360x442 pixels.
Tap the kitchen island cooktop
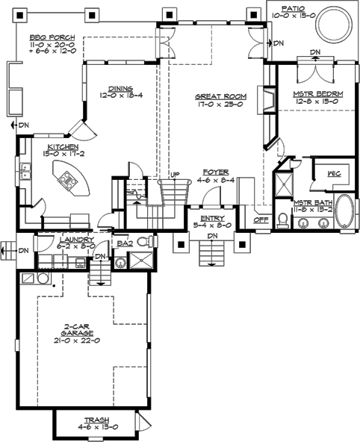(x=68, y=178)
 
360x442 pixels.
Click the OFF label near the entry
(x=261, y=220)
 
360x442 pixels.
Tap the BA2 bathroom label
(x=125, y=243)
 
